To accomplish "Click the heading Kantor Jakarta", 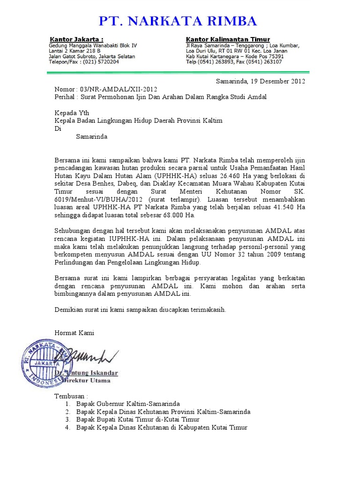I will [x=76, y=39].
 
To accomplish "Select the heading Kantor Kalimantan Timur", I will [x=228, y=39].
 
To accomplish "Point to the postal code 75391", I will [x=274, y=56].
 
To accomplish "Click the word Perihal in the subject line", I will [x=65, y=97].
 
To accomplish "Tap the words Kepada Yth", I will [x=72, y=113].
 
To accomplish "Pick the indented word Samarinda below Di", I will [x=92, y=137].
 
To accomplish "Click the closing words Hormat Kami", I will [x=75, y=333].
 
